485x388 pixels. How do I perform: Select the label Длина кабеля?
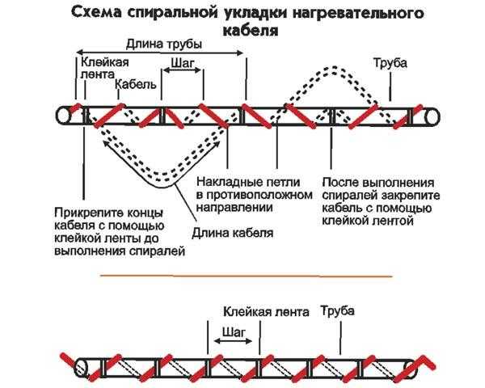pyautogui.click(x=232, y=234)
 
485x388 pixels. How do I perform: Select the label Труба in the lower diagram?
pyautogui.click(x=337, y=310)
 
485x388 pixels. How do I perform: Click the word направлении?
pyautogui.click(x=234, y=208)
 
